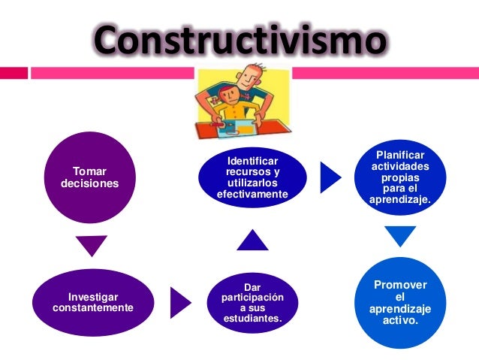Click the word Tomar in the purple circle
pyautogui.click(x=89, y=171)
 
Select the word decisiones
pyautogui.click(x=89, y=183)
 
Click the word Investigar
pyautogui.click(x=93, y=297)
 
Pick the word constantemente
pyautogui.click(x=93, y=308)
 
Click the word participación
pyautogui.click(x=253, y=298)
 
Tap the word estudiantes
pyautogui.click(x=253, y=319)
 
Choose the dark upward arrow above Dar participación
pyautogui.click(x=252, y=240)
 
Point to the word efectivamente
pyautogui.click(x=252, y=195)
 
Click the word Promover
pyautogui.click(x=401, y=284)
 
